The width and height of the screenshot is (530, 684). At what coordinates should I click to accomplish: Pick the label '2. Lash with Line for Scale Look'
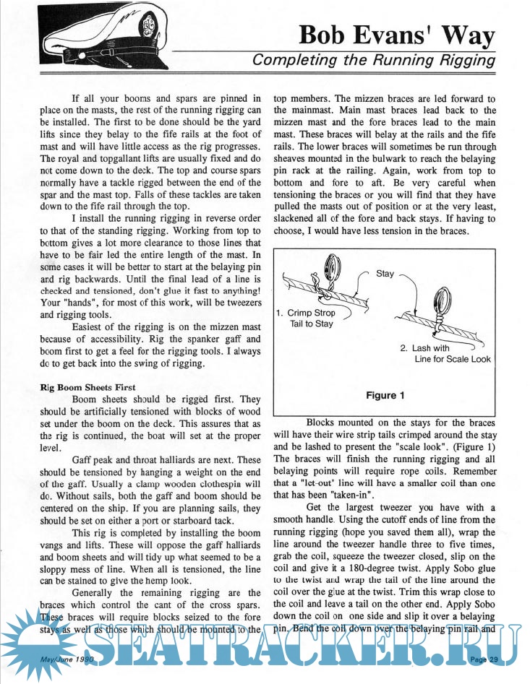443,353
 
